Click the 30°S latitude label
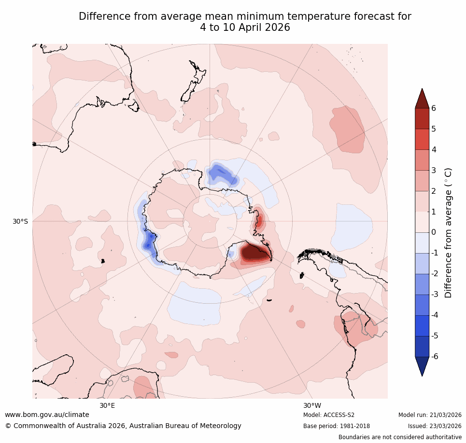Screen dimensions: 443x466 pos(20,221)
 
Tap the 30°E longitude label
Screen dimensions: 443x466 pos(107,405)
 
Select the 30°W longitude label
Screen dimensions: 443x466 pos(312,405)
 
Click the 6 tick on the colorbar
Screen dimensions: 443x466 pos(434,108)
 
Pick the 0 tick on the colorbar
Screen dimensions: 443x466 pos(434,232)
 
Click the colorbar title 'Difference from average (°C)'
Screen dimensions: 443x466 pos(448,233)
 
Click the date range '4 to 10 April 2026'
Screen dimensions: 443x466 pos(245,27)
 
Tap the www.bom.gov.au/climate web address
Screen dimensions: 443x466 pos(47,415)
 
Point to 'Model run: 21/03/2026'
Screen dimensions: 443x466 pos(430,415)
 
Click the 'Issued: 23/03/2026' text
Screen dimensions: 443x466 pos(435,426)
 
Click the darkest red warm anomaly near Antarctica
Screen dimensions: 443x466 pos(254,252)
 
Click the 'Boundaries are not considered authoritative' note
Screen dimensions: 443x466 pos(400,437)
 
